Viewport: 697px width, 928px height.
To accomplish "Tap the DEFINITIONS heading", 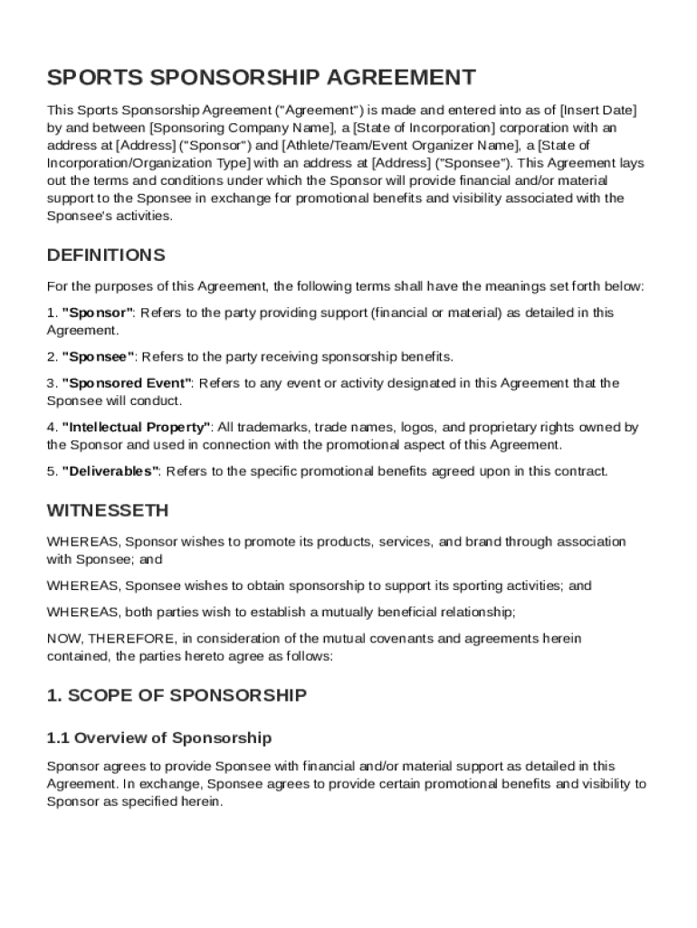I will (106, 255).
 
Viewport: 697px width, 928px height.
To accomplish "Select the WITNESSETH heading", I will (107, 510).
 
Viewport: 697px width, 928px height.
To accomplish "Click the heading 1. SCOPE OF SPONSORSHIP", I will (177, 696).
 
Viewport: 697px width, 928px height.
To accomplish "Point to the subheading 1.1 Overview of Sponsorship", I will (159, 738).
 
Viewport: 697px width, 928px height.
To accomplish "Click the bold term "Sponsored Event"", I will (126, 383).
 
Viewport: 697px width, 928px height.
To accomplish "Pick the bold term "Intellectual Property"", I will (136, 427).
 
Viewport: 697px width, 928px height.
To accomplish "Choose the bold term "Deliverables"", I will (110, 471).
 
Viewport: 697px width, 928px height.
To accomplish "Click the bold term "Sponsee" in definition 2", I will (98, 356).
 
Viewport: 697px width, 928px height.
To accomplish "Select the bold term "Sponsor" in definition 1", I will (97, 313).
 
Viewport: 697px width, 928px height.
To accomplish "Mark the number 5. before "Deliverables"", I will (52, 471).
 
